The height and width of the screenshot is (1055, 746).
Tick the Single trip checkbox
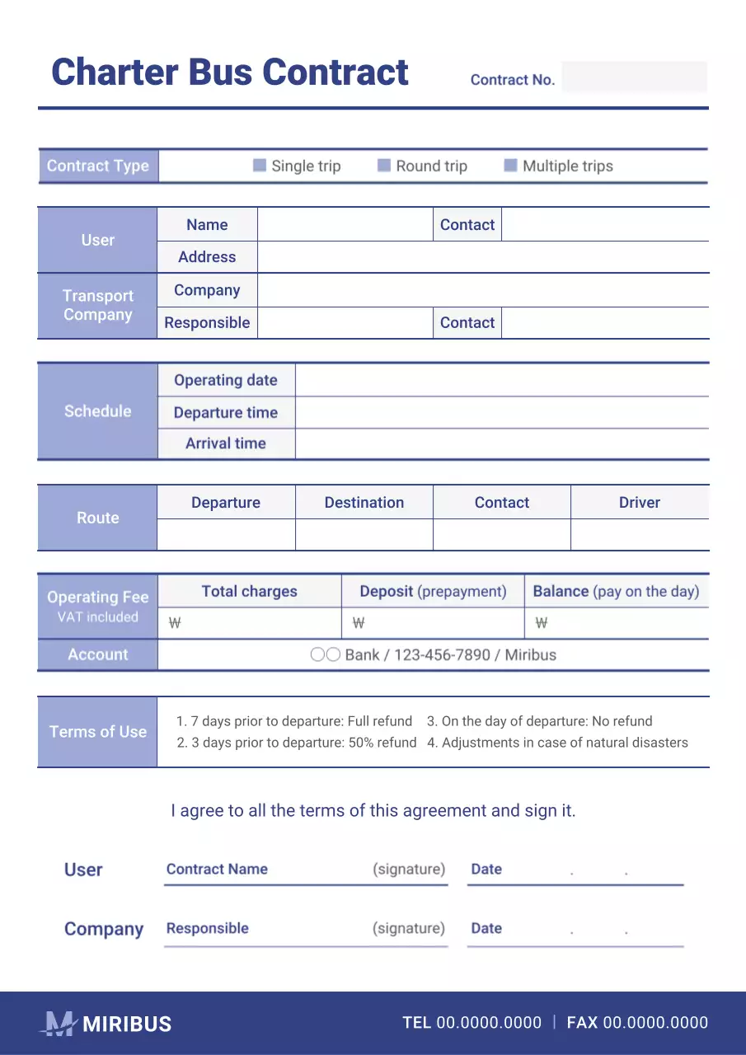pyautogui.click(x=260, y=166)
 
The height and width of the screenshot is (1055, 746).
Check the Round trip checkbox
pyautogui.click(x=384, y=166)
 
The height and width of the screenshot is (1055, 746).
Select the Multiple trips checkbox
pyautogui.click(x=510, y=166)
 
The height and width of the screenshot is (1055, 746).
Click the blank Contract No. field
pyautogui.click(x=634, y=77)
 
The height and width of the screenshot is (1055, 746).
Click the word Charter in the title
pyautogui.click(x=114, y=73)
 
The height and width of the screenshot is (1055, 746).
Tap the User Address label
pyautogui.click(x=207, y=257)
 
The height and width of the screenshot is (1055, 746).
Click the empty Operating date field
pyautogui.click(x=501, y=381)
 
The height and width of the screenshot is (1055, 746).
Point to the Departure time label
pyautogui.click(x=226, y=413)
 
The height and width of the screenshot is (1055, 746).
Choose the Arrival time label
pyautogui.click(x=226, y=443)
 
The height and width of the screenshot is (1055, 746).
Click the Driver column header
pyautogui.click(x=639, y=503)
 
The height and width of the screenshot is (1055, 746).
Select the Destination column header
pyautogui.click(x=364, y=503)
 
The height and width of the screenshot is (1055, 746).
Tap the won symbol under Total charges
pyautogui.click(x=175, y=623)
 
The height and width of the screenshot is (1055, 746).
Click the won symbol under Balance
pyautogui.click(x=541, y=623)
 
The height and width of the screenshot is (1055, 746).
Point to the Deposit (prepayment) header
pyautogui.click(x=433, y=592)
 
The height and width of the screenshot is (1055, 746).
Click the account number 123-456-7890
pyautogui.click(x=441, y=655)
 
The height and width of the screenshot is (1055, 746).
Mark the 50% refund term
pyautogui.click(x=297, y=743)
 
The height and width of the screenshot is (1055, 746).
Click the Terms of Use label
pyautogui.click(x=97, y=732)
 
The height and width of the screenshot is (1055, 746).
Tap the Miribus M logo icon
pyautogui.click(x=58, y=1024)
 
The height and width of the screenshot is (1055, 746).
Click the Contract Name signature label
pyautogui.click(x=217, y=870)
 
